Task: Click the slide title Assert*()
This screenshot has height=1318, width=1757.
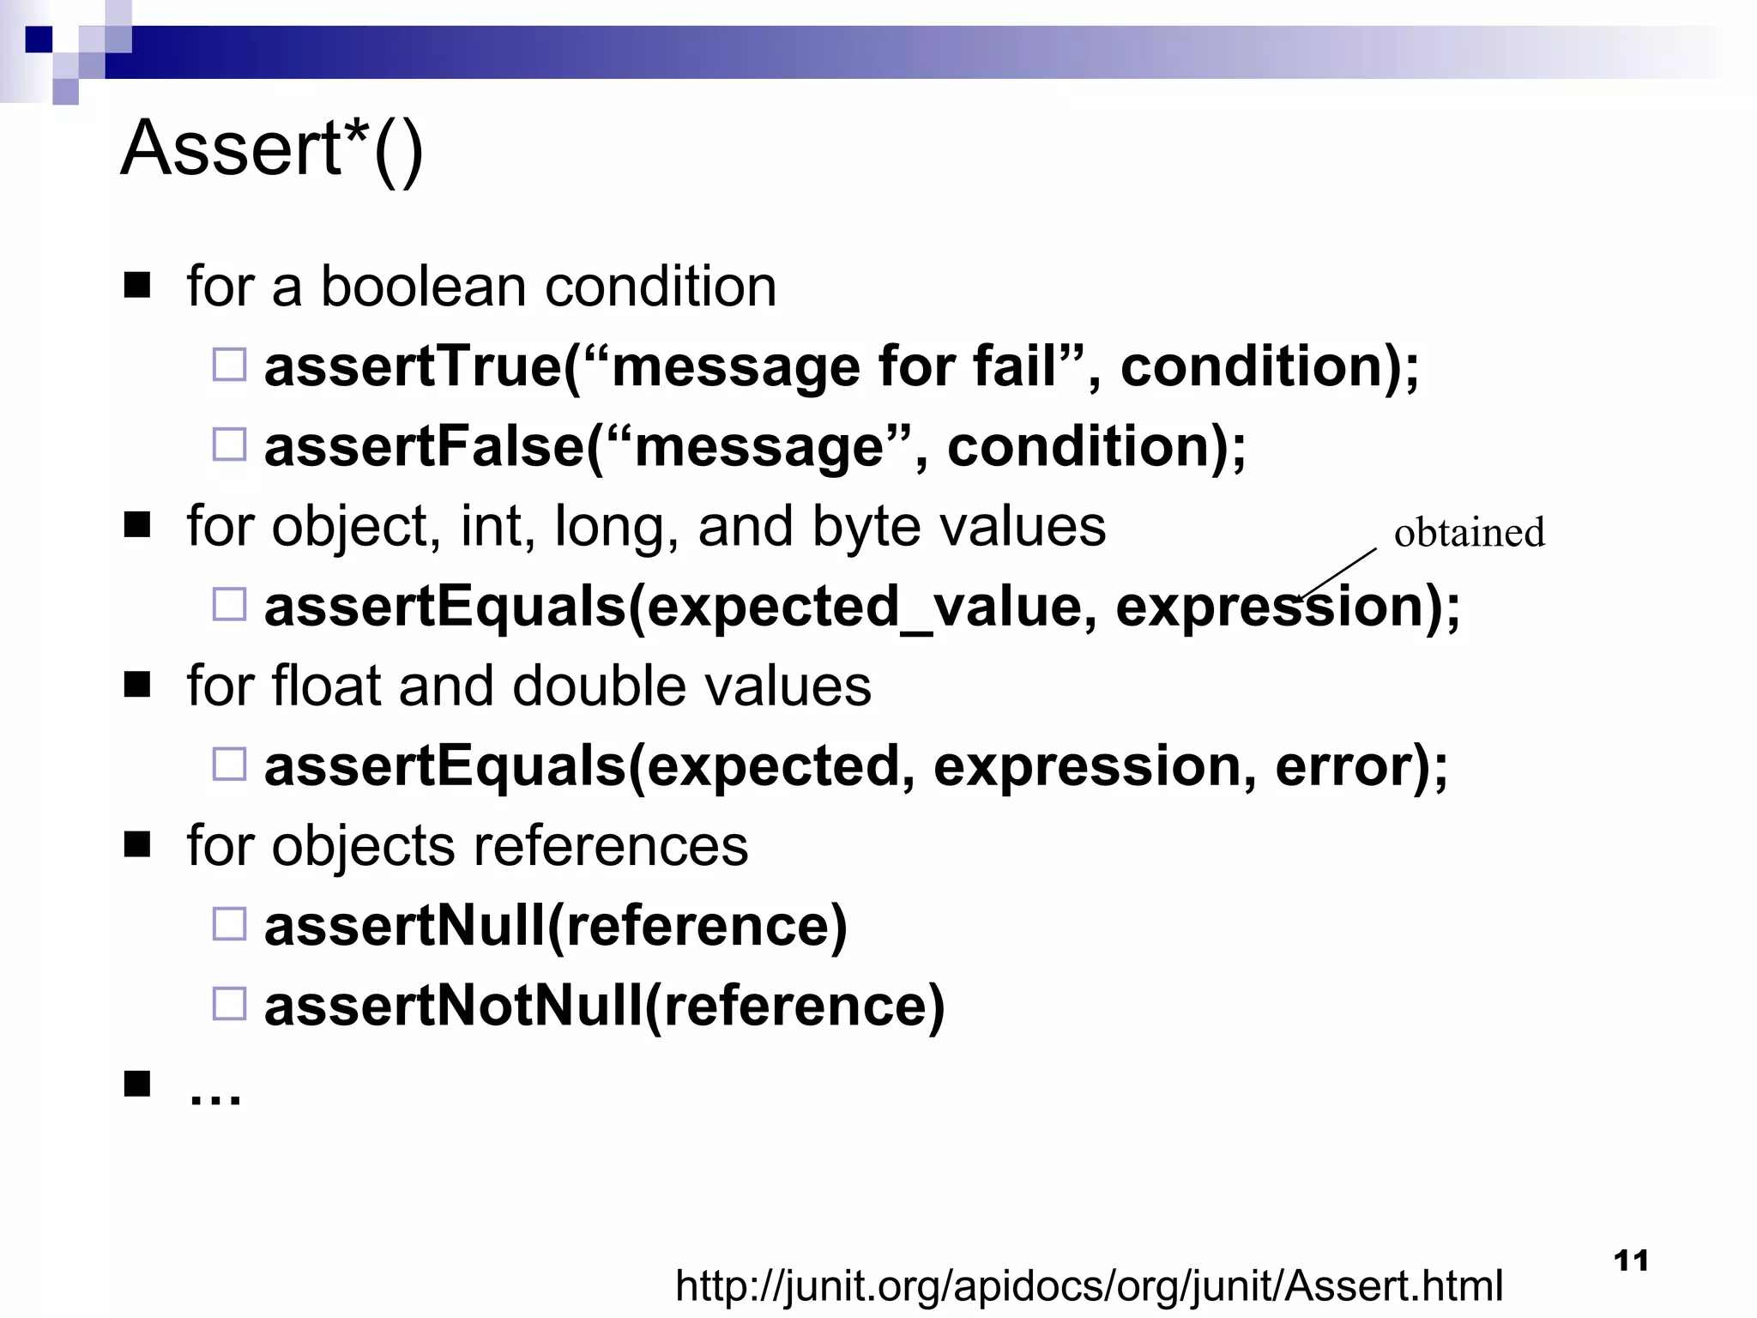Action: coord(272,149)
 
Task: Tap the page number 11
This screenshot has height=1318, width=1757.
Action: coord(1630,1261)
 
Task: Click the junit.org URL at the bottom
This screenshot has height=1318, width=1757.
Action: coord(1089,1285)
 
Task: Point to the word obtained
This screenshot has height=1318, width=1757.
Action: coord(1469,533)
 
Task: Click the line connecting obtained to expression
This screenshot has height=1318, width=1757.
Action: coord(1338,574)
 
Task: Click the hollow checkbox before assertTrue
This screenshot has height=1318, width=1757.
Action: coord(229,365)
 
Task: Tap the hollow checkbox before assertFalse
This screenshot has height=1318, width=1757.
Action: coord(229,444)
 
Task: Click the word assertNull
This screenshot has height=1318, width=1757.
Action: coord(403,926)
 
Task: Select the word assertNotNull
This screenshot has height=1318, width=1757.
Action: coord(452,1006)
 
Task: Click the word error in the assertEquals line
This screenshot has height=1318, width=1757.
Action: coord(1342,766)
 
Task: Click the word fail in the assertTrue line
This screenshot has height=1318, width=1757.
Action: coord(1017,366)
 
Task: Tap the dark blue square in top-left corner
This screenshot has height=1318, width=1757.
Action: coord(39,39)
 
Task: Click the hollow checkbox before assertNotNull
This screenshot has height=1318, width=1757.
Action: coord(229,1003)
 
